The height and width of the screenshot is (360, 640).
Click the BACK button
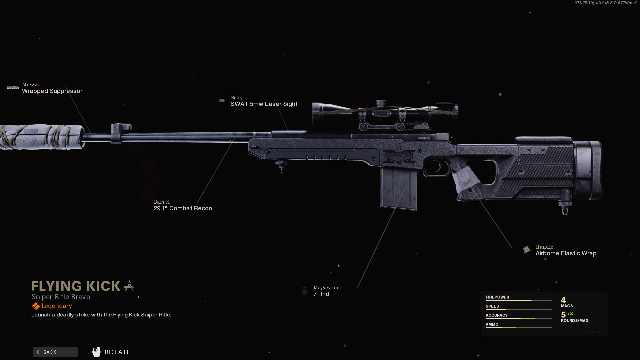click(55, 352)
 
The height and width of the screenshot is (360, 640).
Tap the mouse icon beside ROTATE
click(96, 352)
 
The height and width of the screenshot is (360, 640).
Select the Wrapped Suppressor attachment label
click(52, 91)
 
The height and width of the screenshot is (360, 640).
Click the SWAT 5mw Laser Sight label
click(264, 104)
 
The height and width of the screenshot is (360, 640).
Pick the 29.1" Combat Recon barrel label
click(183, 208)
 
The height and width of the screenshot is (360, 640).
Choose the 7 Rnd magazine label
click(321, 294)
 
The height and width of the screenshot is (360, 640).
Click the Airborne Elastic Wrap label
click(566, 253)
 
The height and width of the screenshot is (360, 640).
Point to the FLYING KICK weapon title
click(76, 286)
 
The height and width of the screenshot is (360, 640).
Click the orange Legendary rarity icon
click(36, 306)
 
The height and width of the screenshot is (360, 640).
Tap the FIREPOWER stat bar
click(519, 300)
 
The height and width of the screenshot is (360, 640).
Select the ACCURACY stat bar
click(519, 318)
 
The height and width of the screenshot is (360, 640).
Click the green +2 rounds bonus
click(570, 314)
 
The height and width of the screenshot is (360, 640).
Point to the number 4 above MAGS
click(563, 300)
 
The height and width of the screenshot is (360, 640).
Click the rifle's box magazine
click(399, 189)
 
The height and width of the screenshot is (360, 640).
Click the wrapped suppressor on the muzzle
click(42, 137)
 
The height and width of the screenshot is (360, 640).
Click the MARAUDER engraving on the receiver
click(399, 156)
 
